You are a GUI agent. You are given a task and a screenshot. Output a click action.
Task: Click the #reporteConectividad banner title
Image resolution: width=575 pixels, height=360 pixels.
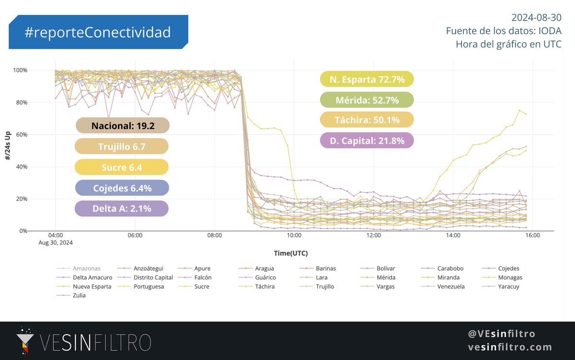tap(98, 32)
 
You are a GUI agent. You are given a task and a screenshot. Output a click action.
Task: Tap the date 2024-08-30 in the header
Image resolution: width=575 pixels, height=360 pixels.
tap(536, 18)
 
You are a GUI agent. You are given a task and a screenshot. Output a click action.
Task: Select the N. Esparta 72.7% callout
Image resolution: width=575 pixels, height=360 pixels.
tap(367, 80)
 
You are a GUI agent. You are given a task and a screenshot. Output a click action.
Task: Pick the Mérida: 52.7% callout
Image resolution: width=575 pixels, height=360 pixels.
tap(367, 100)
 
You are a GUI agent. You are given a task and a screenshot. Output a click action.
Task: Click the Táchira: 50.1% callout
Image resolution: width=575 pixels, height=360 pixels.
tap(367, 120)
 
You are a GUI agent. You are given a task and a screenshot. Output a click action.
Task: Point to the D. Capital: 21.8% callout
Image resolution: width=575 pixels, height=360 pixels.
tap(367, 140)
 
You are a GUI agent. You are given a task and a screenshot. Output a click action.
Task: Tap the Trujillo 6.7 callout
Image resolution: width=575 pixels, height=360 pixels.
tap(122, 146)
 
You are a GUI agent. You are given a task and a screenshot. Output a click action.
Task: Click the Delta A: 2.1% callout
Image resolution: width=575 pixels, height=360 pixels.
tap(122, 209)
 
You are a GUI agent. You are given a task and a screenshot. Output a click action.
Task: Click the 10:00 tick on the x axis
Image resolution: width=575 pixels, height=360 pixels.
tap(294, 235)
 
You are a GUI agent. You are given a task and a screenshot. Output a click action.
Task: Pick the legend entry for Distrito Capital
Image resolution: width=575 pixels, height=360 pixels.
tap(150, 278)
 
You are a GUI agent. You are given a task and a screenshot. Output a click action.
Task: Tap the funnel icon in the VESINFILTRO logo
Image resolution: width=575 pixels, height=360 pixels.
tap(22, 341)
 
